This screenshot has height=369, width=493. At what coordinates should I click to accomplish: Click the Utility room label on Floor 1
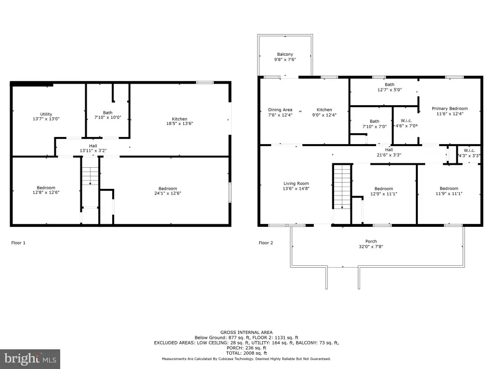pyautogui.click(x=46, y=114)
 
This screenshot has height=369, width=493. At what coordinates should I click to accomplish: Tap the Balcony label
pyautogui.click(x=285, y=54)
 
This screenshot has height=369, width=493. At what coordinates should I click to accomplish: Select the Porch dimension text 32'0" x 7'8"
pyautogui.click(x=371, y=246)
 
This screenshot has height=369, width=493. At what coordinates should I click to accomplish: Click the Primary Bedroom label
pyautogui.click(x=450, y=109)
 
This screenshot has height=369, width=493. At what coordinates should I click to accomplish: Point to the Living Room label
pyautogui.click(x=296, y=184)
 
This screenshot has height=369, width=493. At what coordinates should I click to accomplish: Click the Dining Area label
pyautogui.click(x=280, y=110)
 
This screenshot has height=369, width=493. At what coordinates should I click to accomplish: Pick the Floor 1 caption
pyautogui.click(x=18, y=243)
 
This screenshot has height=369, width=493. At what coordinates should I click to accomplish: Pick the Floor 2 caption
pyautogui.click(x=266, y=243)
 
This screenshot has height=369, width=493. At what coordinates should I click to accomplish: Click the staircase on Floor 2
pyautogui.click(x=342, y=186)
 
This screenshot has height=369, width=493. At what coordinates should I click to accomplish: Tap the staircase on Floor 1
pyautogui.click(x=90, y=176)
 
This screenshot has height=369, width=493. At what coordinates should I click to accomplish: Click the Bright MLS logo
pyautogui.click(x=30, y=359)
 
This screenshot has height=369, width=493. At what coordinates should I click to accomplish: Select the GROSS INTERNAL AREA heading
pyautogui.click(x=246, y=332)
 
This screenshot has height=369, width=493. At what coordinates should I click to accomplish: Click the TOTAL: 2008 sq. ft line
pyautogui.click(x=246, y=353)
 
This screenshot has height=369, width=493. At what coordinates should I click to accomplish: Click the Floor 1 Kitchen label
pyautogui.click(x=180, y=119)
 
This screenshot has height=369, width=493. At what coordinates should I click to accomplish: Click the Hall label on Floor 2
pyautogui.click(x=389, y=150)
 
